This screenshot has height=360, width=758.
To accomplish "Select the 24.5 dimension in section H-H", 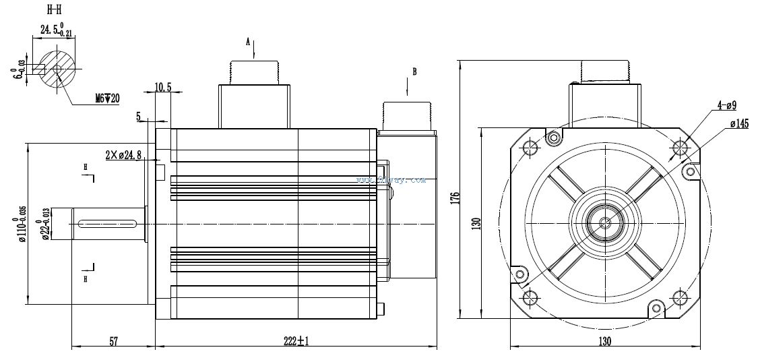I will coord(54,30).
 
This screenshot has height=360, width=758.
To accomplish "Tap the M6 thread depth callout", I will coord(106,98).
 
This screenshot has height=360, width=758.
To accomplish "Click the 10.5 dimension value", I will coord(164,86).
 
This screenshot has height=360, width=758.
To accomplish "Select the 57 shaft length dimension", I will coord(113,342).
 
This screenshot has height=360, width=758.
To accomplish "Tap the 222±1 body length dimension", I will coord(296,342).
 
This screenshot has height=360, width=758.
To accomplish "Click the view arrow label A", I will coord(248,42).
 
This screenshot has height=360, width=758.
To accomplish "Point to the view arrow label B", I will coord(414,71).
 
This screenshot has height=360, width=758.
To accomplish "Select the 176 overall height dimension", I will coord(455,198).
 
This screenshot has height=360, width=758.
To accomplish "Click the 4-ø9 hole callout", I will coord(726,105).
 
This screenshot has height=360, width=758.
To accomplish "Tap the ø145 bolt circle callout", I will coord(740,123).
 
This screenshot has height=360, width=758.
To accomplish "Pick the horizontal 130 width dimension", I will coord(604,342).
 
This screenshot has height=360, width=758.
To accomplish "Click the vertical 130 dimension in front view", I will coord(476,222).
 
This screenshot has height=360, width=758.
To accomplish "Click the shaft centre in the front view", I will coord(604,221).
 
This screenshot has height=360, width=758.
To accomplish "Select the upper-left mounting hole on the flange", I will coord(531,146).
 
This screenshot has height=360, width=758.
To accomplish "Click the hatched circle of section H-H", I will coord(57,69).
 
